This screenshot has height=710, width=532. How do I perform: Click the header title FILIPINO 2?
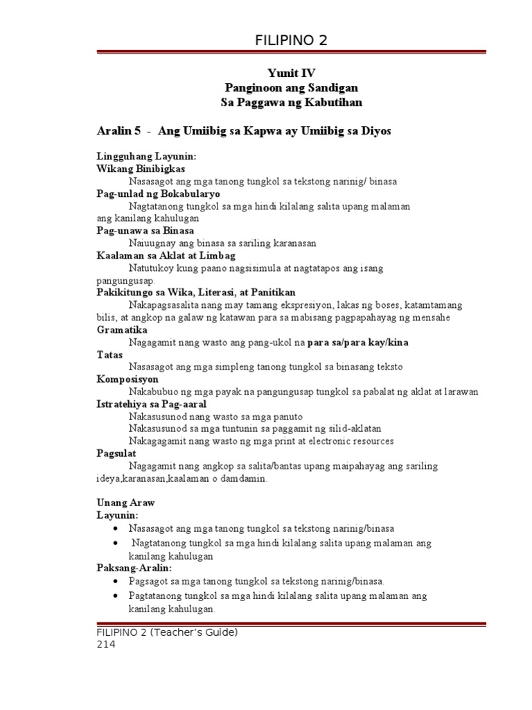pos(290,41)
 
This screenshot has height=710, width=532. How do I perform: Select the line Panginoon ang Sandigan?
pos(292,87)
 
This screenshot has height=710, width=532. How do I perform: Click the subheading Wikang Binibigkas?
pos(141,168)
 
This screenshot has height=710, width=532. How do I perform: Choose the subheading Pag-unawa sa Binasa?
pos(145,230)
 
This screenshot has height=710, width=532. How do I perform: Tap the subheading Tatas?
pos(109,354)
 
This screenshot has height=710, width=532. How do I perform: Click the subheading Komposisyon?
pos(127,379)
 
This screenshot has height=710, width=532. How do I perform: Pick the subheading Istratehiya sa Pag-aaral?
pos(151,404)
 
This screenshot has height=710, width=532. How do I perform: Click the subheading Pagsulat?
pos(116,453)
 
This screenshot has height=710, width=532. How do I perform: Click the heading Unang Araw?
pos(125,503)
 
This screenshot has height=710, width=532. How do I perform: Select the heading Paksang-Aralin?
pos(133,569)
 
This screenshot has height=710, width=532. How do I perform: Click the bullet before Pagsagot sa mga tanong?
pos(114,581)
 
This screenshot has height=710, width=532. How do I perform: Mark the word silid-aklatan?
pos(349,428)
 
